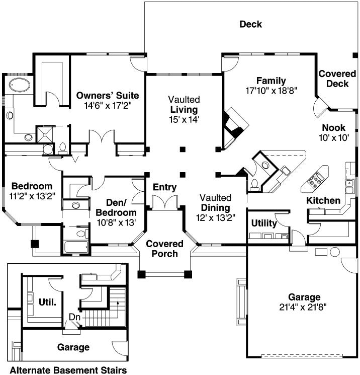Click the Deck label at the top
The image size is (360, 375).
point(250,24)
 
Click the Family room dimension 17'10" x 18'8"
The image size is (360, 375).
point(272,91)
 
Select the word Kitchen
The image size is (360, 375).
point(323,201)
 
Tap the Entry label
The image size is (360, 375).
point(165,188)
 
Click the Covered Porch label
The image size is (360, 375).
point(164,249)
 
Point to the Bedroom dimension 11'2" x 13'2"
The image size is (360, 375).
point(32,195)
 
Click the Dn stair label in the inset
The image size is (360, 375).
point(74,318)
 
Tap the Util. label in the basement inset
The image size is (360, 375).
point(47,302)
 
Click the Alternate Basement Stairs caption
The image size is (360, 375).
point(68,370)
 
